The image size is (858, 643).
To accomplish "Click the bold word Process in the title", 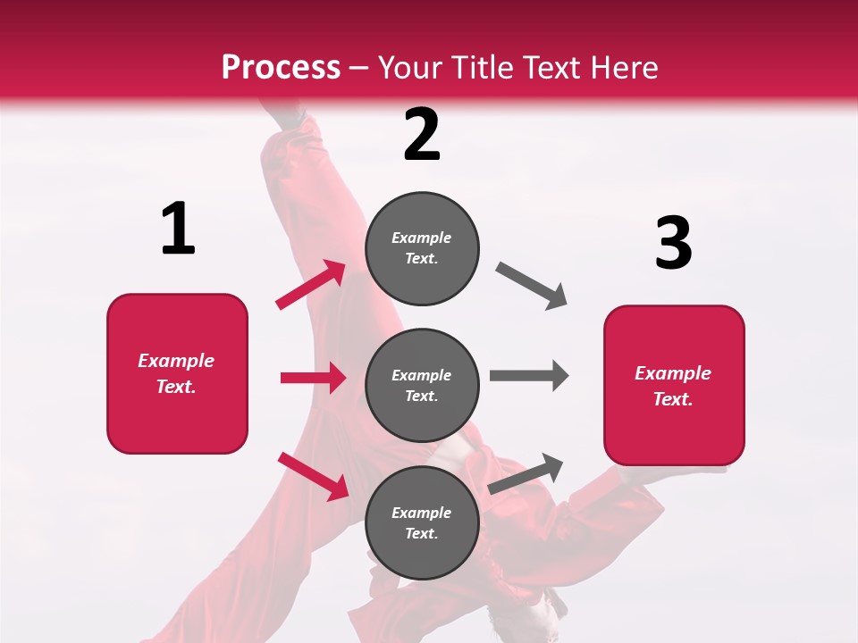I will (x=281, y=67).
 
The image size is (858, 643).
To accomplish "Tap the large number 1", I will (x=178, y=230).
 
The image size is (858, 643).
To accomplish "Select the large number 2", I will (x=422, y=135).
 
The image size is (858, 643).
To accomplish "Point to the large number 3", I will (x=673, y=243).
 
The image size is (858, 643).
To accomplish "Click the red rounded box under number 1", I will (x=177, y=373).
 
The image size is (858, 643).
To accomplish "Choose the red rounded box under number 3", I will (x=674, y=385).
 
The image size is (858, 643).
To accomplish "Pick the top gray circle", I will (x=422, y=248).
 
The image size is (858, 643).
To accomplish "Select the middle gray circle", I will (x=422, y=385).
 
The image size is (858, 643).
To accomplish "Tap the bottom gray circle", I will (x=422, y=522).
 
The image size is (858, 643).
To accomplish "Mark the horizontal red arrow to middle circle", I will (x=313, y=378).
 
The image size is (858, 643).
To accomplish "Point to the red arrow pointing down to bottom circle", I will (x=314, y=476).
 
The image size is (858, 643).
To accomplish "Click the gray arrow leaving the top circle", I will (x=532, y=286).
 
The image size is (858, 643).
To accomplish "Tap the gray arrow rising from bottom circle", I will (x=526, y=474).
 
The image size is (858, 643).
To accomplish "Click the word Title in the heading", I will (x=483, y=67).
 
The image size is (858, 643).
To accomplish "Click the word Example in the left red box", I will (x=176, y=361).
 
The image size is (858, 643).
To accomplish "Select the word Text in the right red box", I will (x=671, y=399).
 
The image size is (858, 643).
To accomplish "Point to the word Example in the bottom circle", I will (x=422, y=513).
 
